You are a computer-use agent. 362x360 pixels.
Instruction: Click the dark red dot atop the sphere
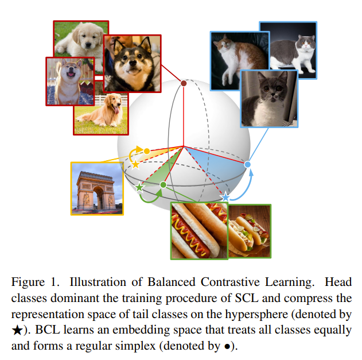point(184,84)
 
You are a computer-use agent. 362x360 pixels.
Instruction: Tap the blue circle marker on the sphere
point(248,165)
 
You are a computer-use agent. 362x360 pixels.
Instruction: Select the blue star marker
point(225,197)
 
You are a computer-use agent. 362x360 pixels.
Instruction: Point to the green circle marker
point(164,185)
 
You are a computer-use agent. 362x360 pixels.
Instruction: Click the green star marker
point(139,187)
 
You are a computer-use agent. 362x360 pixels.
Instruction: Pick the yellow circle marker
point(147,151)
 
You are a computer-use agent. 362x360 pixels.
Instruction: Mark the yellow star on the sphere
point(136,164)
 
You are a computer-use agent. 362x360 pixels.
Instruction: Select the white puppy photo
point(81,38)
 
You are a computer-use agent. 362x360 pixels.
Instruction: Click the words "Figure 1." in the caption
point(36,282)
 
